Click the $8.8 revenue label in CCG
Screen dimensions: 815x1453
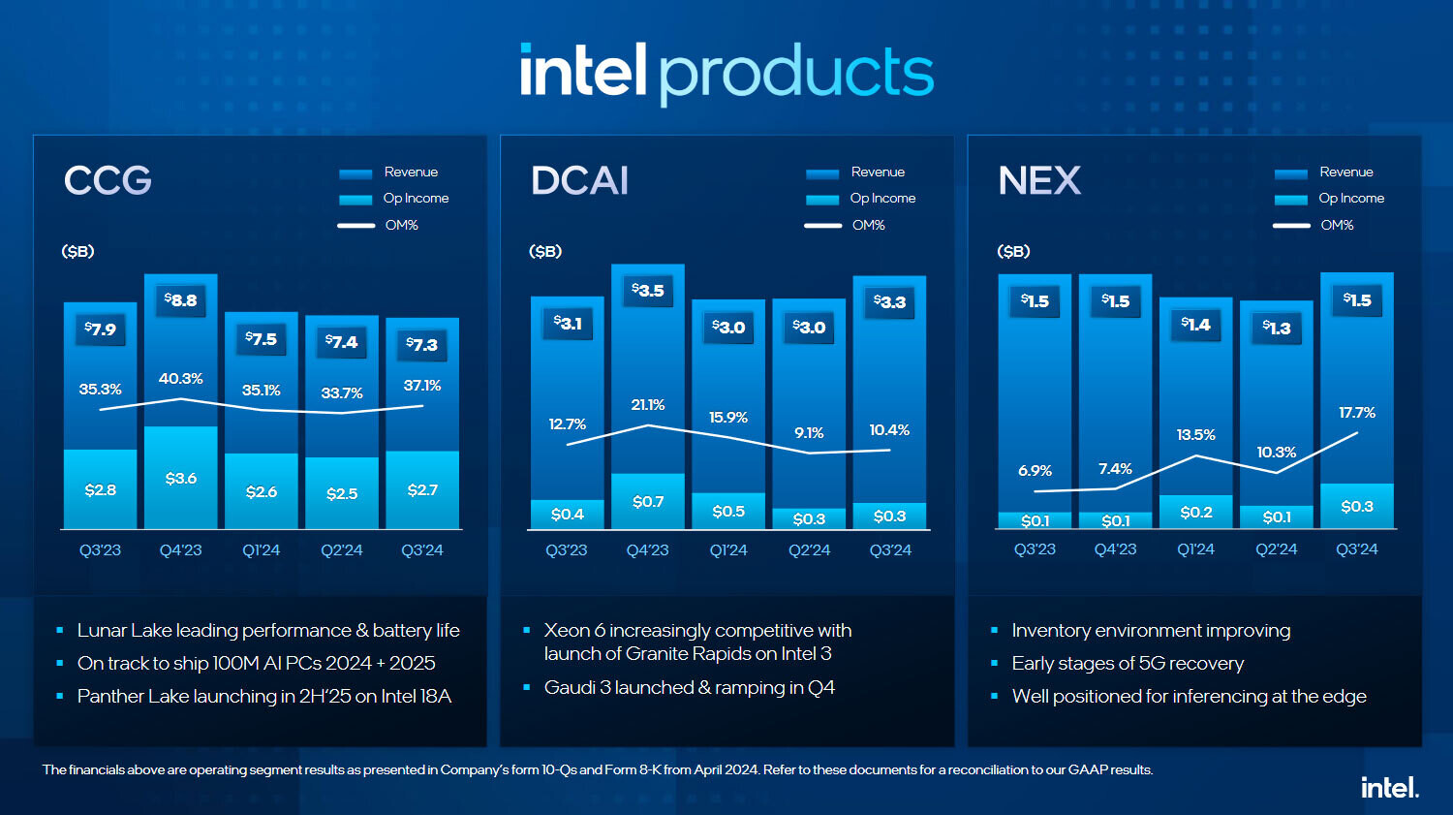[181, 300]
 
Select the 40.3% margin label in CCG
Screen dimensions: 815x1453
[181, 379]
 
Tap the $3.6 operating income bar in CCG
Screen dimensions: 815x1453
[181, 478]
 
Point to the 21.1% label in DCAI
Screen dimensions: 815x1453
[648, 405]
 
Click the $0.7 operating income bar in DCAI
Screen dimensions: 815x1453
[648, 501]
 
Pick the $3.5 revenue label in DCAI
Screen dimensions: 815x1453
[648, 290]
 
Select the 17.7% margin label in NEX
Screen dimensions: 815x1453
[1357, 413]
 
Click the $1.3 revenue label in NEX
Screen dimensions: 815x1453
[1277, 328]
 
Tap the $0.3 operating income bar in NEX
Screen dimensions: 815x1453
[1357, 506]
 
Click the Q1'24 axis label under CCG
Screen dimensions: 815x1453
[262, 550]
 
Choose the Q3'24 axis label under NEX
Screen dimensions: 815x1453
[1357, 549]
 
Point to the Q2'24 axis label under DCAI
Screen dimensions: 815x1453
[810, 550]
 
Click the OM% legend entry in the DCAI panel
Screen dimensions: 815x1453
[868, 225]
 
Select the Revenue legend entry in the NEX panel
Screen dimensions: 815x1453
[1345, 172]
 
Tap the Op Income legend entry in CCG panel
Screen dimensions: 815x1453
[416, 198]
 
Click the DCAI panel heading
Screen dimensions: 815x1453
[579, 180]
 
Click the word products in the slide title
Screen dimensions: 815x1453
[796, 74]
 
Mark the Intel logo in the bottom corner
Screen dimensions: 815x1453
[1390, 787]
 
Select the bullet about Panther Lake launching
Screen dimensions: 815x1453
[264, 696]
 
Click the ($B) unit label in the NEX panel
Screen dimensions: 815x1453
[1013, 251]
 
